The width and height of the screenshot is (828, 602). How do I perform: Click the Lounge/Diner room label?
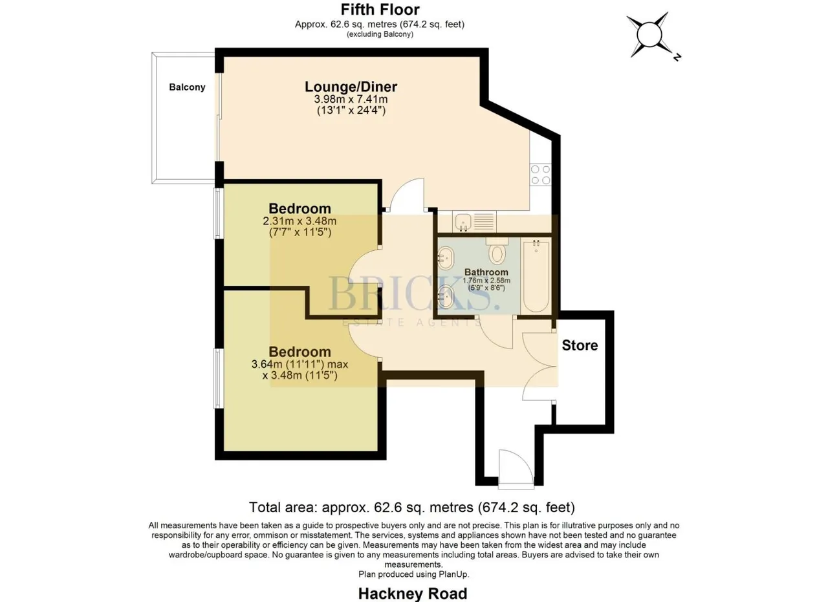tap(351, 87)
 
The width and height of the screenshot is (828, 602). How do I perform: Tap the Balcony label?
tap(187, 87)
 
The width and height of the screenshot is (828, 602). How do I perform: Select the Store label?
tap(580, 345)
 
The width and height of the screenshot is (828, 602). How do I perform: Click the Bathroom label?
tap(486, 272)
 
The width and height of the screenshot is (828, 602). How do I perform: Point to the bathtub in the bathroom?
tap(536, 276)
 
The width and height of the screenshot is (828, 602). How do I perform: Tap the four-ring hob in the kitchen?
tap(540, 175)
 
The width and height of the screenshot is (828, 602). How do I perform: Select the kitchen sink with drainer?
tap(475, 221)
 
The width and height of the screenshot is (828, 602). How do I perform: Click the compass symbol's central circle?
tap(649, 35)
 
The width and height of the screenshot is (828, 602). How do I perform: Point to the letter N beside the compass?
tap(677, 57)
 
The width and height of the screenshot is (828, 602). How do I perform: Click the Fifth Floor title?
tap(380, 9)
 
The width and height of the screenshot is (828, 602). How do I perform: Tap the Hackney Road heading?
tap(413, 594)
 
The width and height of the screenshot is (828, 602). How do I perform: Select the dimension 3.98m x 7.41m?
tap(351, 99)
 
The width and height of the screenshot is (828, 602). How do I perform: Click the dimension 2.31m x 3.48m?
tap(300, 221)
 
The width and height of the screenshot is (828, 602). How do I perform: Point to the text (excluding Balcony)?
tap(380, 34)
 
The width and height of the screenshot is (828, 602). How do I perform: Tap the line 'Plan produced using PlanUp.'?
tap(413, 574)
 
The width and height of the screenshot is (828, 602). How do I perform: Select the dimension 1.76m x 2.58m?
tap(486, 281)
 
